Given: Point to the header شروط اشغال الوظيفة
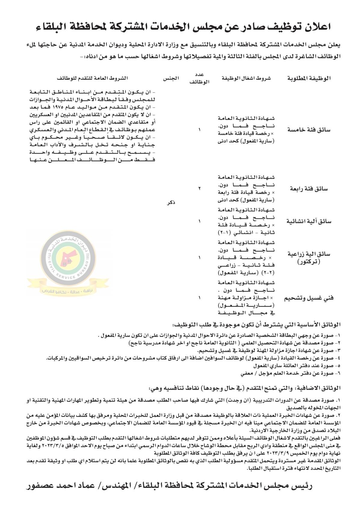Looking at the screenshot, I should click(246, 78).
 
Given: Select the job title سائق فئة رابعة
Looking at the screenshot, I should click(313, 189).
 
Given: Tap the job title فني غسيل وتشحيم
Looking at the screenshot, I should click(309, 298).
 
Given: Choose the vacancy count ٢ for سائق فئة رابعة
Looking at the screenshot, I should click(199, 189).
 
